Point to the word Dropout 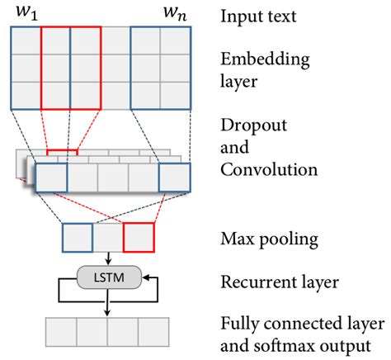coord(251,126)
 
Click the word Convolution coord(268,170)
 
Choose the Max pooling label coord(261,239)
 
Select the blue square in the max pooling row coord(77,238)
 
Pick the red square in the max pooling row coord(139,238)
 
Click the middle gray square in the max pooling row coord(107,238)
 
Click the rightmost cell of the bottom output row coord(153,332)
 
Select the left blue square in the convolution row coord(51,178)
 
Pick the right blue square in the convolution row coord(174,178)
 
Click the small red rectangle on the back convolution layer coord(62,154)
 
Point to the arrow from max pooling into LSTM coord(108,258)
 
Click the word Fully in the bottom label coord(238,322)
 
